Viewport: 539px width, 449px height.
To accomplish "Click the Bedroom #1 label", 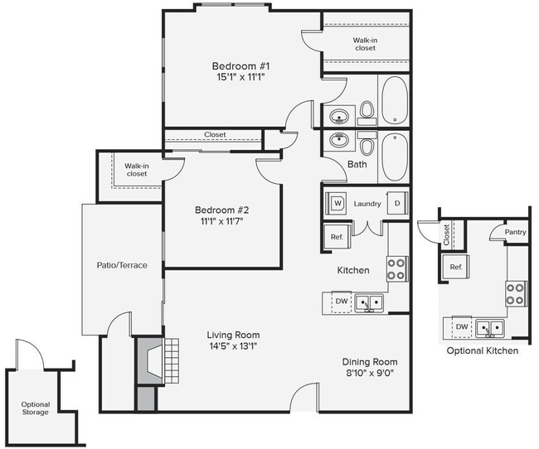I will click(240, 65).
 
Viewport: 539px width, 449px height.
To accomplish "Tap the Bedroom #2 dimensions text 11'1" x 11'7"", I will click(219, 221).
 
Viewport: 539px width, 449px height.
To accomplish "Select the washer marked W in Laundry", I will click(337, 203).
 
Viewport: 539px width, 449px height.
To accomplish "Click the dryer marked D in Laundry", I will click(397, 203).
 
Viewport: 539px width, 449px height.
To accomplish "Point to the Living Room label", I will click(233, 335).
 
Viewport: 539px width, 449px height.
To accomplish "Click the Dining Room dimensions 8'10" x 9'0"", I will click(370, 374).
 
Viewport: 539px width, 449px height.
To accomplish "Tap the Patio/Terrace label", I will click(122, 265).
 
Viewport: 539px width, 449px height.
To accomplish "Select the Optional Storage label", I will click(36, 409).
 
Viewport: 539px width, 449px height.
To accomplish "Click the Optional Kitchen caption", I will click(483, 350).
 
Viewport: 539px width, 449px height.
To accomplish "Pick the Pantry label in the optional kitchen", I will click(515, 233).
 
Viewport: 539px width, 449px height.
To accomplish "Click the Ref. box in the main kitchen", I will click(337, 237).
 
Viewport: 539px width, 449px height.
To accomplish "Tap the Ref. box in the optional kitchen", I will click(456, 267).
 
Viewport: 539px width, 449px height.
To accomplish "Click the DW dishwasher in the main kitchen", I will click(341, 302).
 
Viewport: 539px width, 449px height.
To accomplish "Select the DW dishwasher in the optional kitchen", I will click(461, 327).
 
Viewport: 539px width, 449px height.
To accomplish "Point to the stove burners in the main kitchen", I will click(396, 268).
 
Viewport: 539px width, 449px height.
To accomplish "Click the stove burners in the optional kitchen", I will click(515, 292).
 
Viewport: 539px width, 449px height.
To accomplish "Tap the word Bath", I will click(357, 164).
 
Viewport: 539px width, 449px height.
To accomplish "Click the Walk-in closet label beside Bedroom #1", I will click(365, 43).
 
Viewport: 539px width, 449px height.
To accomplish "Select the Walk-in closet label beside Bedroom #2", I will click(137, 170).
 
